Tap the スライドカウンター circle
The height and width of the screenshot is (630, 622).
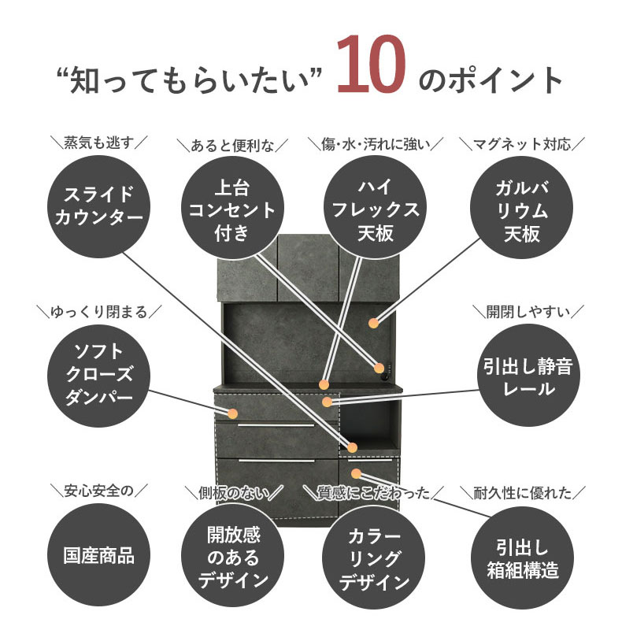(98, 206)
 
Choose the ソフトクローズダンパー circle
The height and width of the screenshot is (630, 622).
(98, 372)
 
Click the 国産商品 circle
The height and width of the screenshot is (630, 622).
(98, 554)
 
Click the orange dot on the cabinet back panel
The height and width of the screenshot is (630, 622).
(373, 322)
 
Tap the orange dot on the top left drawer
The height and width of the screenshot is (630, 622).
(232, 413)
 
